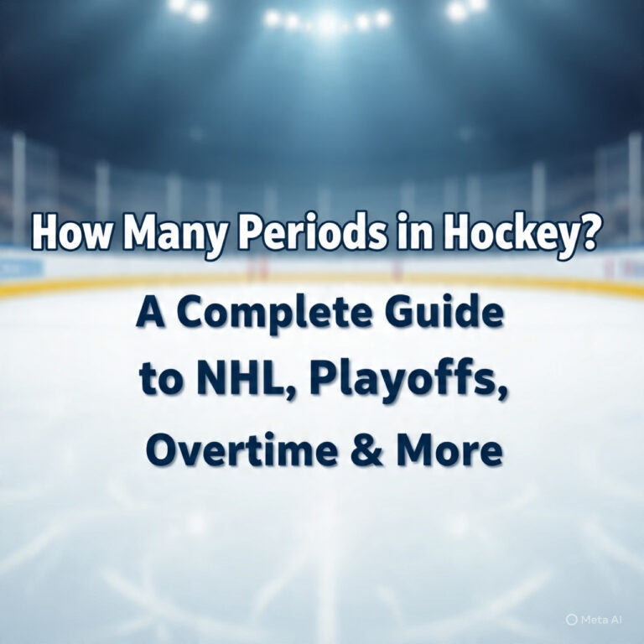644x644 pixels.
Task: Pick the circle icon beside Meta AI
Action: point(572,619)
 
